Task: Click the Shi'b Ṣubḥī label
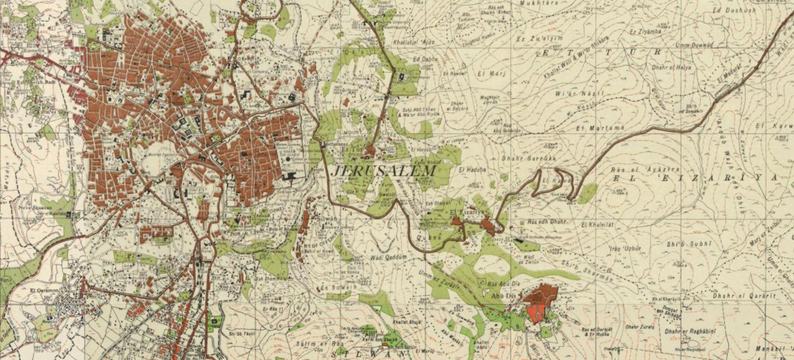(691, 244)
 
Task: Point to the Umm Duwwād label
(689, 45)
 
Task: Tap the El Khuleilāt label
(598, 224)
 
